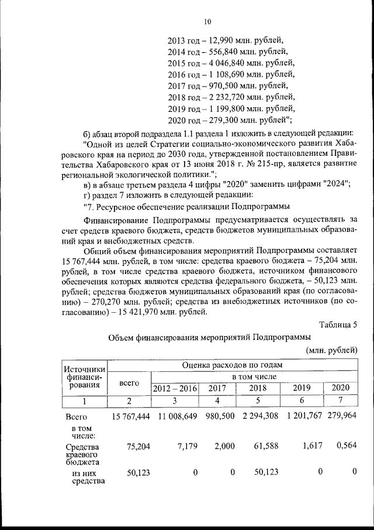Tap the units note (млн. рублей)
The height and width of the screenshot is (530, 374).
tap(331, 350)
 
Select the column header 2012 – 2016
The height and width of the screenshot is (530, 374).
tap(175, 388)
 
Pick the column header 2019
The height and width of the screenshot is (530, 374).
tap(301, 388)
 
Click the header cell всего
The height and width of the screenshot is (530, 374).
tap(129, 382)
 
